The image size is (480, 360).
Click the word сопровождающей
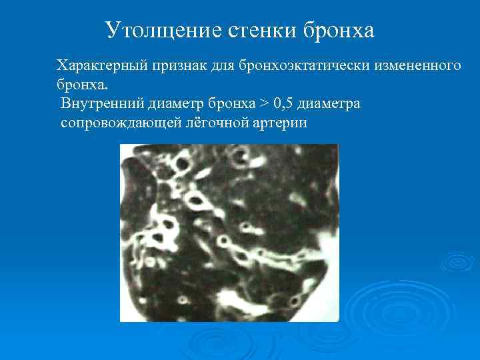[x=117, y=123]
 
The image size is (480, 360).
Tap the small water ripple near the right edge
[x=457, y=261]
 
